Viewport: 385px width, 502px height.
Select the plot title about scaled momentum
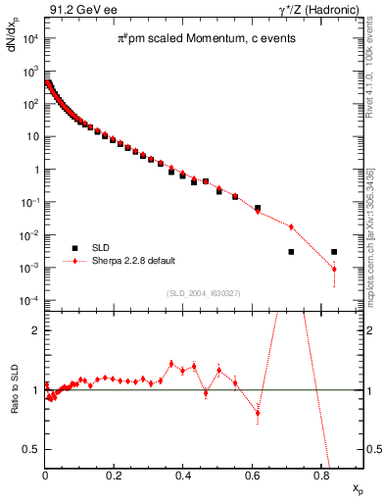click(x=203, y=37)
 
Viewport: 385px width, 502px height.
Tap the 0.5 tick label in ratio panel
click(x=32, y=449)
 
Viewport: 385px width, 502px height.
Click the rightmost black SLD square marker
click(x=334, y=252)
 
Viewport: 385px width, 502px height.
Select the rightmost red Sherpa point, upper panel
click(x=334, y=269)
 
